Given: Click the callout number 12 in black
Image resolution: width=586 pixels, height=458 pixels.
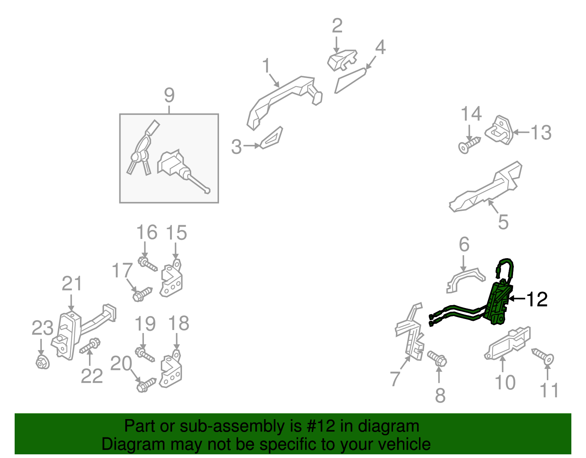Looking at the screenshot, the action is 537,299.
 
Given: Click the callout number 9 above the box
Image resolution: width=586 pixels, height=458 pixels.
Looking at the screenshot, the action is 169,95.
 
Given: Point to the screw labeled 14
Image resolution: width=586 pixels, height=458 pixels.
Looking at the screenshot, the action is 470,145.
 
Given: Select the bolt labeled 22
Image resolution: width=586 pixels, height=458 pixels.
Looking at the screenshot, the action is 90,345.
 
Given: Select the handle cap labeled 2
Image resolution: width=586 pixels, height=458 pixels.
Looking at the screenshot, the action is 342,60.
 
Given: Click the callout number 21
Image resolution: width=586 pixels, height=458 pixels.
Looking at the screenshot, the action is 72,283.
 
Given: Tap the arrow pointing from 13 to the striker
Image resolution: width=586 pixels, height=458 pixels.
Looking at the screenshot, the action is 522,132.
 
